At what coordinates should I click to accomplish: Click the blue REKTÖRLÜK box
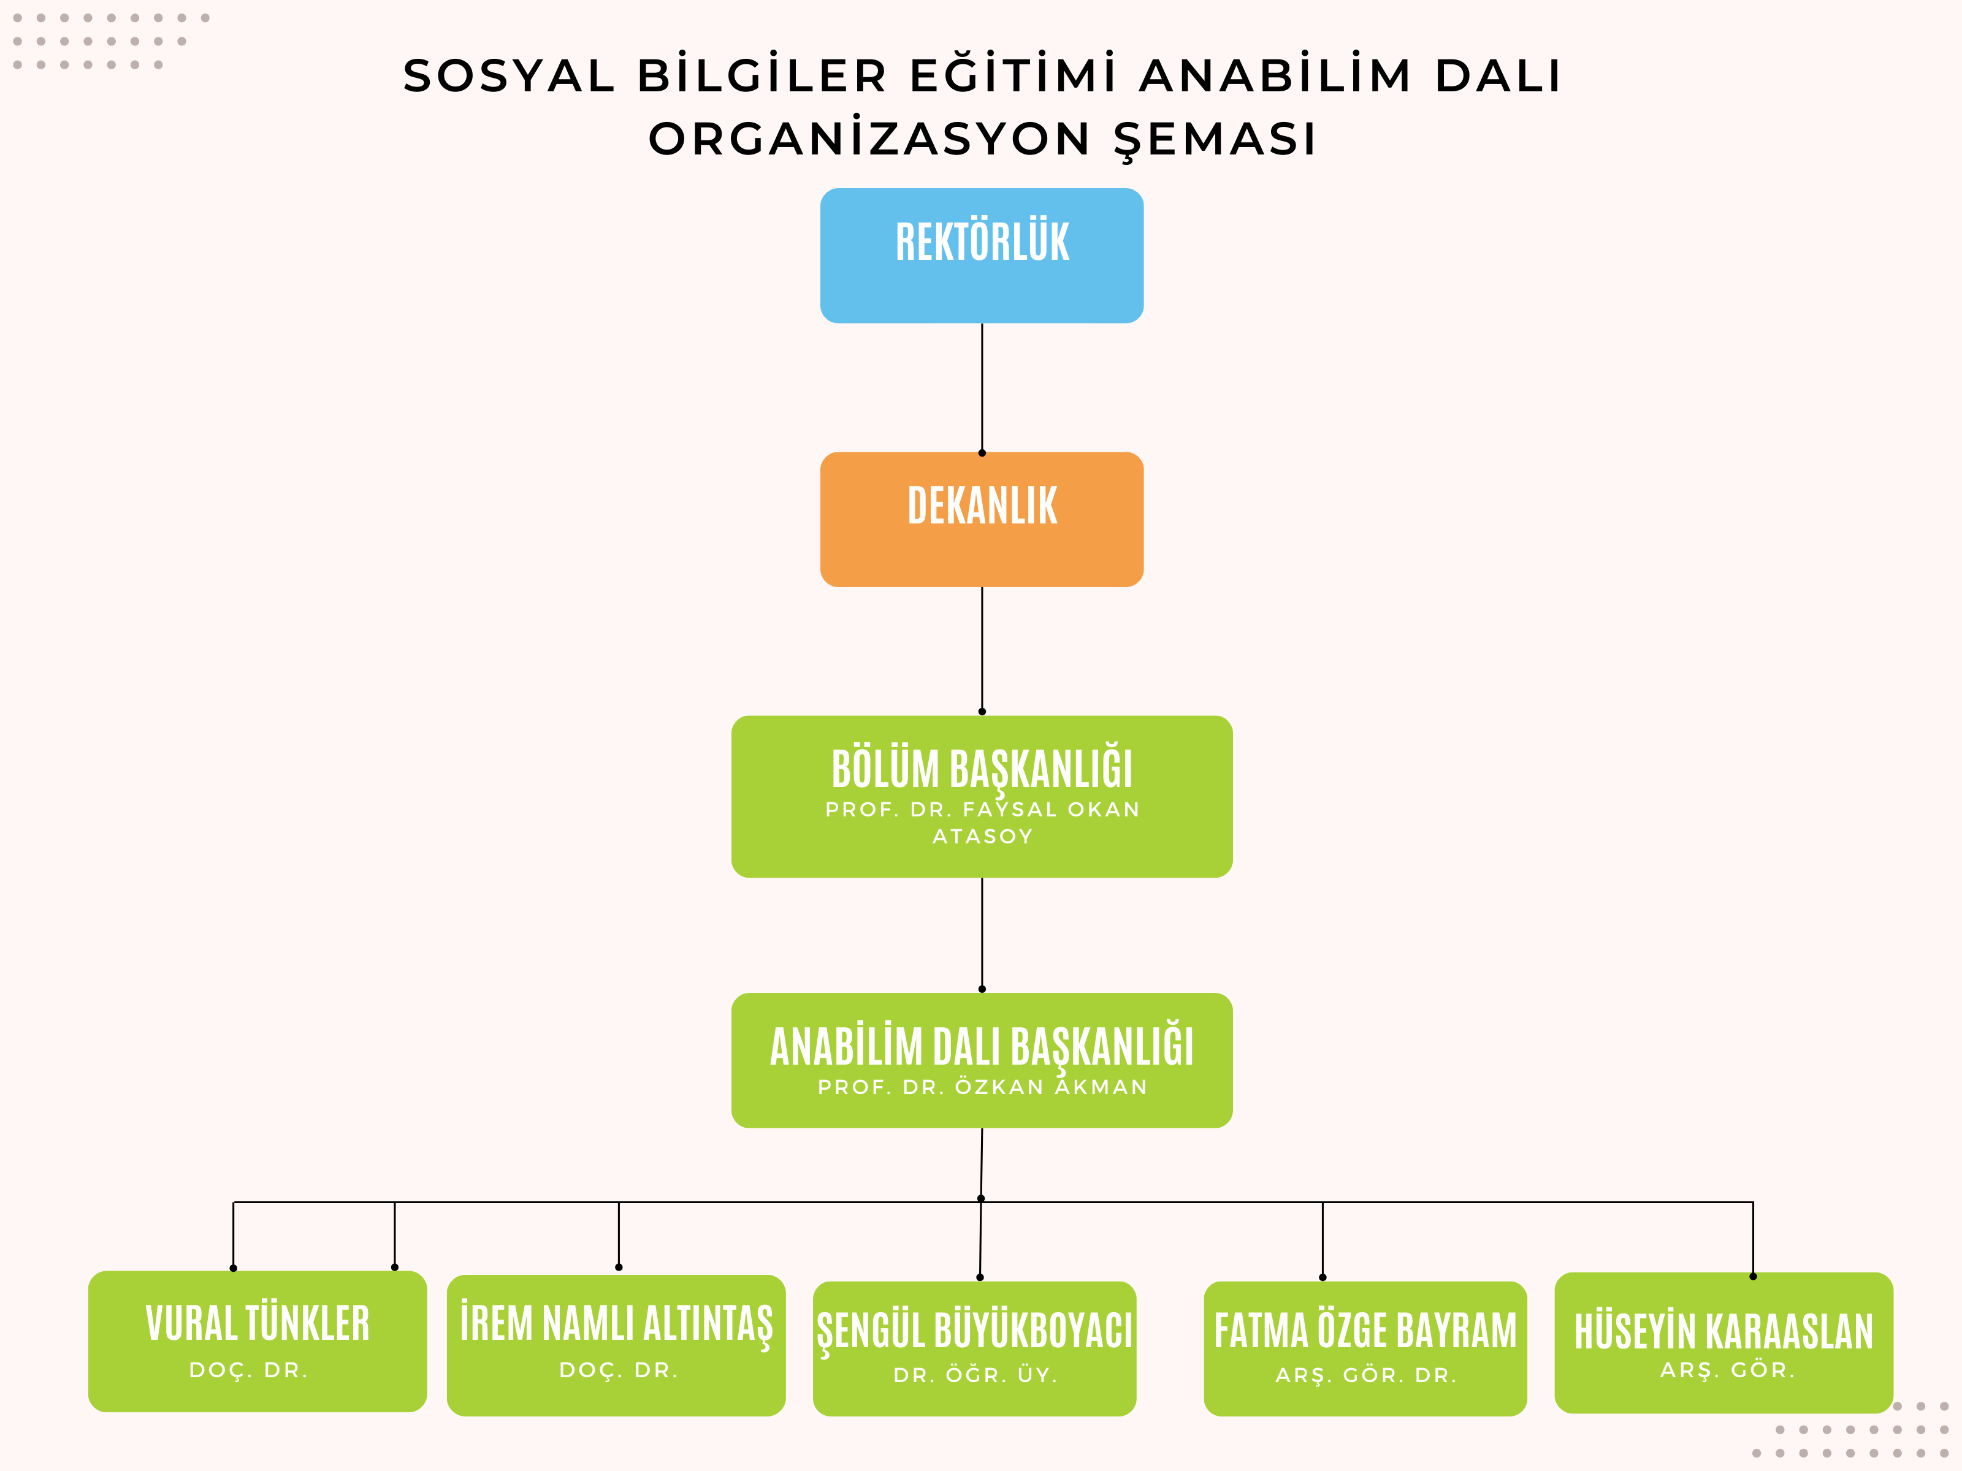pos(981,256)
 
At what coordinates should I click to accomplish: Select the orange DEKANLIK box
pos(981,520)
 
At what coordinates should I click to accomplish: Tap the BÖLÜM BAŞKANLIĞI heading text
pos(981,769)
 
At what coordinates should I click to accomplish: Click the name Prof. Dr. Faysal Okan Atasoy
pos(981,822)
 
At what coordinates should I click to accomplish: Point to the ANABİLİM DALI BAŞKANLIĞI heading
pos(981,1047)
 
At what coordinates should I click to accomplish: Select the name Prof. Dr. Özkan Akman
pos(981,1087)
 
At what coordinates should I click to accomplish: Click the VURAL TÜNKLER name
pos(258,1323)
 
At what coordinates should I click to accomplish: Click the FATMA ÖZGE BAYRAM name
pos(1365,1331)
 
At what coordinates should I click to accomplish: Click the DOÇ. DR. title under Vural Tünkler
pos(248,1370)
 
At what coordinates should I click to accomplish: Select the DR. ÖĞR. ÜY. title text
pos(975,1375)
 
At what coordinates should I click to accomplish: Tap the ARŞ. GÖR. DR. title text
pos(1365,1375)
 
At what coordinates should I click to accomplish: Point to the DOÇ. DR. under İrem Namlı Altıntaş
pos(618,1370)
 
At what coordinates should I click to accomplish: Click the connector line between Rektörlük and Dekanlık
pos(982,387)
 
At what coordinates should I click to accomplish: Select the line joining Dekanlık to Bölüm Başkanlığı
pos(982,649)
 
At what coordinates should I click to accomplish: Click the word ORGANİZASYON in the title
pos(869,139)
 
